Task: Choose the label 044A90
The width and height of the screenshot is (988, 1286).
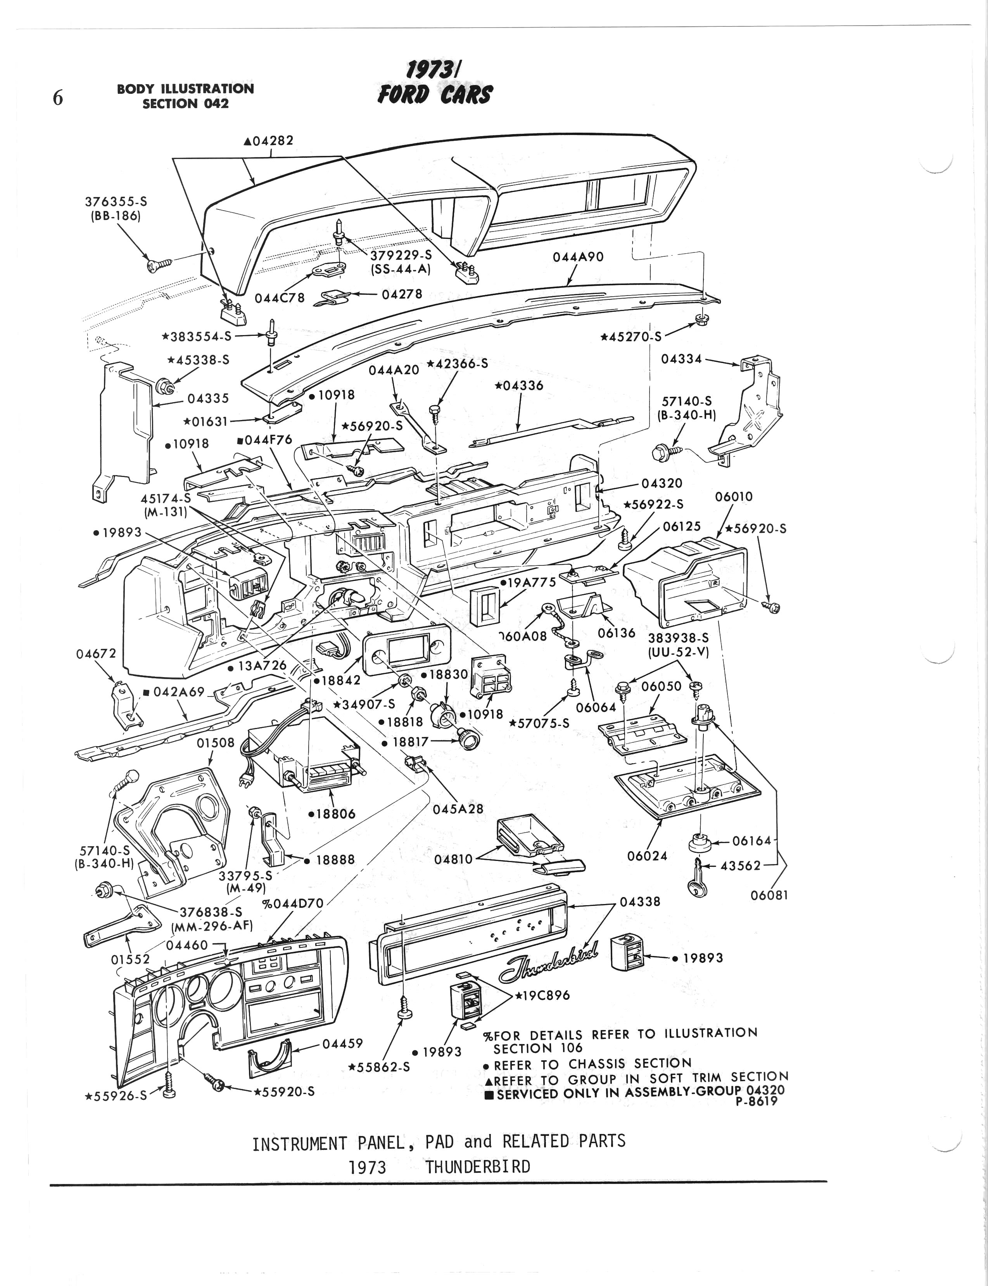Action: click(578, 257)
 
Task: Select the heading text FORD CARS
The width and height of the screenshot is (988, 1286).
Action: click(435, 94)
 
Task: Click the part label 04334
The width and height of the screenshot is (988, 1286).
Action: click(682, 359)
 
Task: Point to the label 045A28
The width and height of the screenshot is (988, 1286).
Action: click(458, 809)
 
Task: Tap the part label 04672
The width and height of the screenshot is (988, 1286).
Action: click(97, 654)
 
